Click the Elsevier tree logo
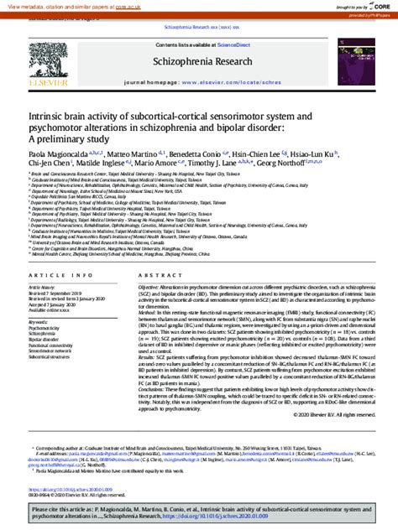45,62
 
